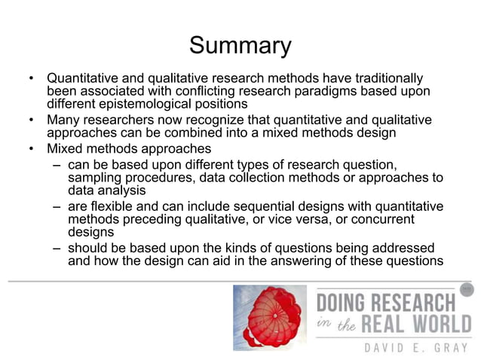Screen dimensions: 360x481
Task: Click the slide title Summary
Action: click(x=240, y=45)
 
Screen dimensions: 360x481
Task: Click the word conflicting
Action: click(x=223, y=91)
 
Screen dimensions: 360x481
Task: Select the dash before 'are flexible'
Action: click(x=57, y=207)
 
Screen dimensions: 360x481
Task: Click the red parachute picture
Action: click(x=270, y=317)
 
